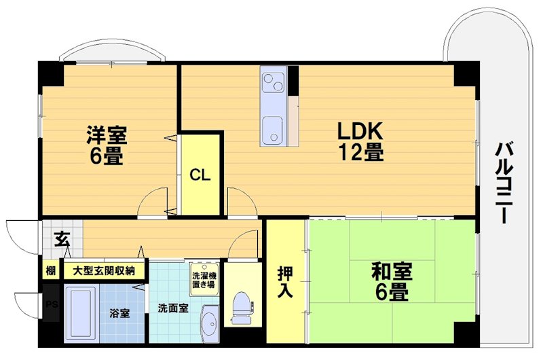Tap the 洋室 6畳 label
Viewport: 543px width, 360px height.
[x=105, y=145]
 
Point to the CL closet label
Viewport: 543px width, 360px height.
[x=200, y=175]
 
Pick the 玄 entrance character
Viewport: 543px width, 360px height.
[x=62, y=239]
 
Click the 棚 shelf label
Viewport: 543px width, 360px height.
[x=51, y=270]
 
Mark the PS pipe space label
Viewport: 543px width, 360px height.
[x=51, y=305]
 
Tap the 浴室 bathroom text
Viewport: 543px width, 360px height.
[x=119, y=314]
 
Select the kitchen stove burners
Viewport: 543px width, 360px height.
[x=274, y=84]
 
